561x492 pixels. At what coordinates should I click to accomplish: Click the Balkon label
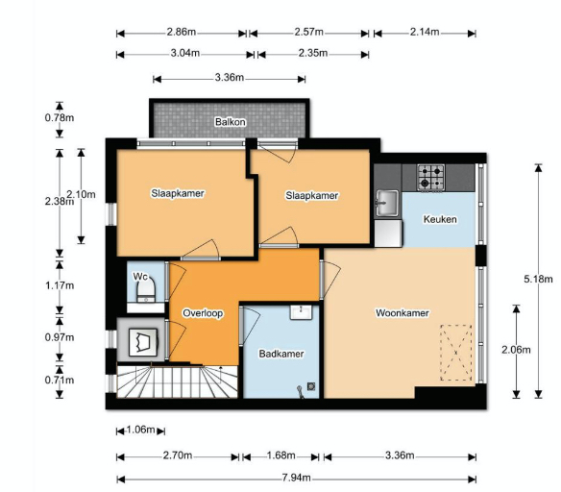pos(230,122)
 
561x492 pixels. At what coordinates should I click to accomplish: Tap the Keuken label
pos(440,219)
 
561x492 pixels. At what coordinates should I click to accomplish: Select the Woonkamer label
pos(402,313)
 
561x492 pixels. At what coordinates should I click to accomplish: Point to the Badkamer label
pos(281,354)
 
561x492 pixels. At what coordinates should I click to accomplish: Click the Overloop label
pos(203,313)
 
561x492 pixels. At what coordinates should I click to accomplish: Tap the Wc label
pos(140,276)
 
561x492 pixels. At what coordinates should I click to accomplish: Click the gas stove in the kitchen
pos(431,177)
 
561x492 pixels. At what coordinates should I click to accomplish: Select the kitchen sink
pos(386,203)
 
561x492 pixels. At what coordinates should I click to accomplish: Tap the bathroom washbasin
pos(302,312)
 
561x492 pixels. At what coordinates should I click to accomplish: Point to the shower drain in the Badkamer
pos(311,386)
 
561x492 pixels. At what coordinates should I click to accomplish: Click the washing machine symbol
pos(143,342)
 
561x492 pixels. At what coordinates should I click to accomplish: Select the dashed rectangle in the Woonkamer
pos(455,353)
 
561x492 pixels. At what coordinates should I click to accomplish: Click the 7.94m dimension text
pos(296,478)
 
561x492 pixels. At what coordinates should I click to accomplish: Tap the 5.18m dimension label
pos(538,279)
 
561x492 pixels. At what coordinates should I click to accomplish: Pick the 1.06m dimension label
pos(140,430)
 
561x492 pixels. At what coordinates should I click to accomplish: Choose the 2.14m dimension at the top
pos(425,32)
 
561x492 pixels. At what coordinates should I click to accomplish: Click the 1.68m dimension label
pos(280,455)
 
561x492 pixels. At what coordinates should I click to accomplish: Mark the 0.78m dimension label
pos(60,117)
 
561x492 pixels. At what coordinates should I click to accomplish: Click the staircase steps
pos(177,381)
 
